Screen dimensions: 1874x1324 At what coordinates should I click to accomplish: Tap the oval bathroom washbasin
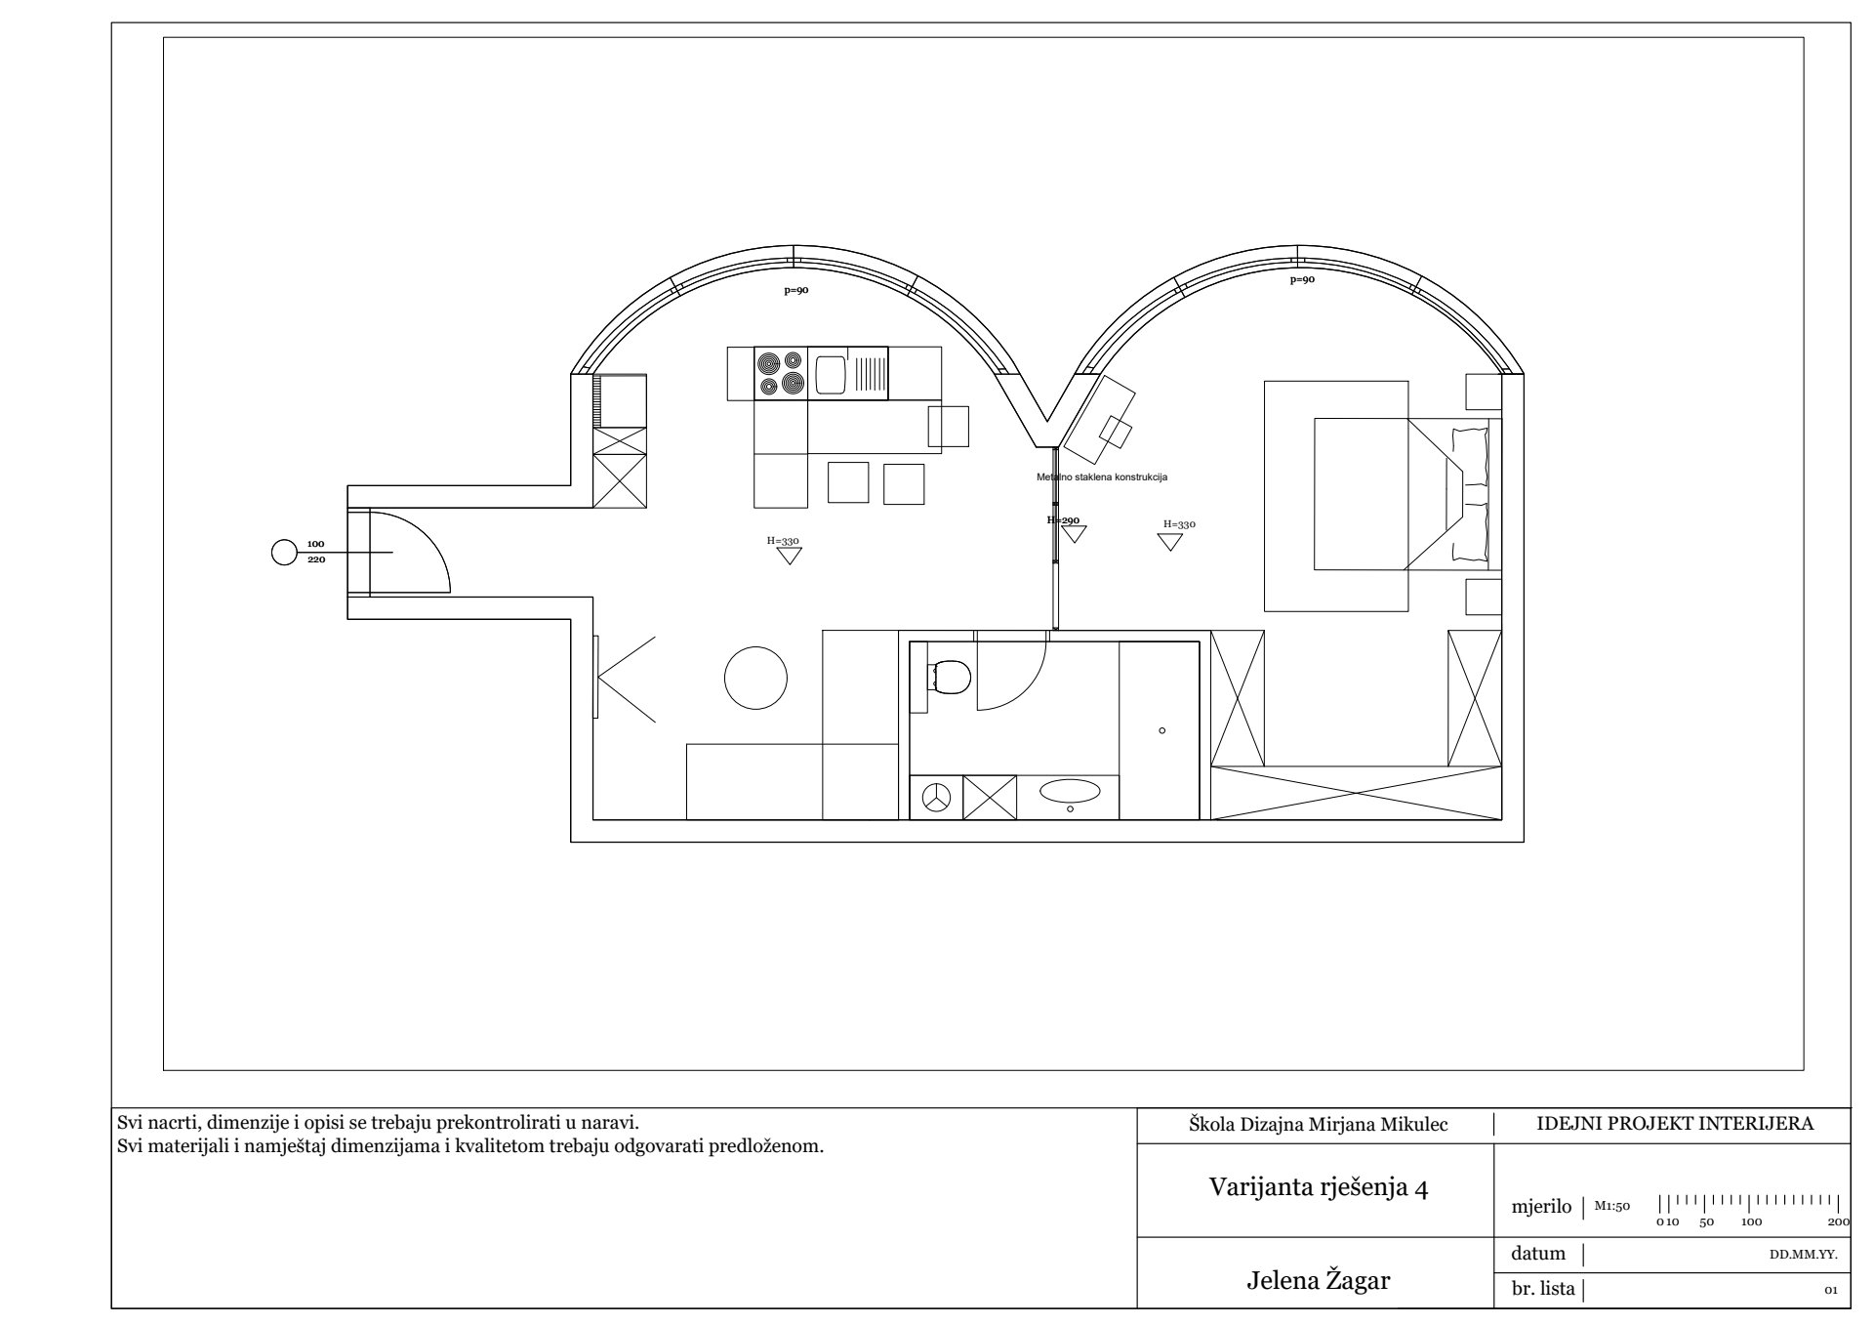point(1070,790)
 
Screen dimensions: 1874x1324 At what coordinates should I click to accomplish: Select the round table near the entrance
point(755,678)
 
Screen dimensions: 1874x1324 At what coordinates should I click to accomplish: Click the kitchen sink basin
point(831,374)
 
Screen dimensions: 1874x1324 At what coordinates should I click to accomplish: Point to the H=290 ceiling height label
point(1063,520)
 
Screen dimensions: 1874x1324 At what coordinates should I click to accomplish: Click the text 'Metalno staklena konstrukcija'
point(1102,477)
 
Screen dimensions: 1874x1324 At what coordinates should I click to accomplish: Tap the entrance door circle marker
point(283,553)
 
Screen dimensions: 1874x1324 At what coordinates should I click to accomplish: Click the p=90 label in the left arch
point(796,290)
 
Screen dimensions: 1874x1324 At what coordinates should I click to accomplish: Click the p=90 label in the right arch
point(1302,280)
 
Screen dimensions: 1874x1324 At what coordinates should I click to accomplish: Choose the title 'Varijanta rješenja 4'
point(1319,1187)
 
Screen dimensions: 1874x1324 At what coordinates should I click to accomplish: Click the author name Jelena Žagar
point(1318,1281)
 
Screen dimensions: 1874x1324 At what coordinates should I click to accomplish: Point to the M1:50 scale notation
point(1612,1206)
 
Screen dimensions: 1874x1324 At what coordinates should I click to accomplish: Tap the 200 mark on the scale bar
point(1838,1221)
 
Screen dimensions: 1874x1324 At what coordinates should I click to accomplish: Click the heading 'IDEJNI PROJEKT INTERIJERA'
point(1675,1123)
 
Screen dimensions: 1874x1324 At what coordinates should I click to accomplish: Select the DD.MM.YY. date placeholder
point(1804,1255)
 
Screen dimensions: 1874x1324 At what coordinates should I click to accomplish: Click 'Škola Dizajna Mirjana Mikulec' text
point(1318,1125)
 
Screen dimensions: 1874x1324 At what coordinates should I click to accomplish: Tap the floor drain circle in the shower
point(1161,730)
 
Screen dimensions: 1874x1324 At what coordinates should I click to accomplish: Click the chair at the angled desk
point(1116,432)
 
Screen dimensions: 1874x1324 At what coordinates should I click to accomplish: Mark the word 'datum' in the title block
point(1538,1254)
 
